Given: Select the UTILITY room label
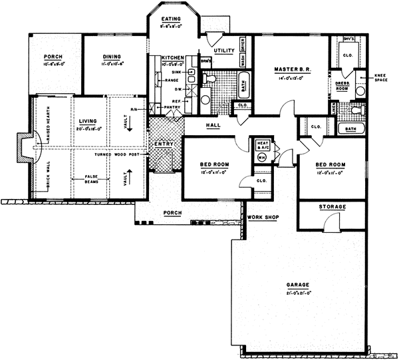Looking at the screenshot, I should pyautogui.click(x=223, y=51).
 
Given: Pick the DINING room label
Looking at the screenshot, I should pyautogui.click(x=112, y=57).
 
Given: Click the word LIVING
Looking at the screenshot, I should pyautogui.click(x=87, y=121).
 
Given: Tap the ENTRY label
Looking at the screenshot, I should pyautogui.click(x=162, y=143).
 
